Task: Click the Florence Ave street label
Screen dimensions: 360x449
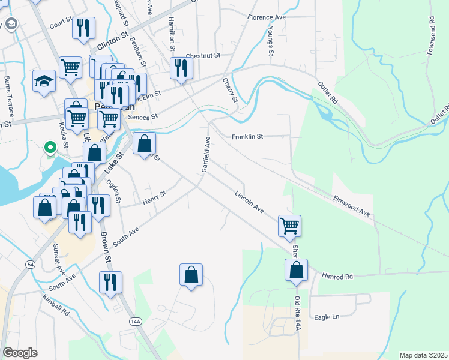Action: coord(267,17)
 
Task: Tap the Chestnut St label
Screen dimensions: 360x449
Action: coord(203,55)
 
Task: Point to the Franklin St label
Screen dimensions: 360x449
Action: coord(247,137)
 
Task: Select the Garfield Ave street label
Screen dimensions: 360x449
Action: coord(206,155)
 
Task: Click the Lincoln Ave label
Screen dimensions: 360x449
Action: coord(250,202)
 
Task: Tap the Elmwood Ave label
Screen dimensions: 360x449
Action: coord(352,205)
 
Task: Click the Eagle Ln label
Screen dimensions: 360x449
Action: coord(327,316)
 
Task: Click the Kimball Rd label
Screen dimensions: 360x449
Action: coord(56,305)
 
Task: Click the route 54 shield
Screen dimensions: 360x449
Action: coord(30,265)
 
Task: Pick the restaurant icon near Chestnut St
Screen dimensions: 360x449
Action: coord(180,67)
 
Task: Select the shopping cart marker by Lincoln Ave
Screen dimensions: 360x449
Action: coord(289,225)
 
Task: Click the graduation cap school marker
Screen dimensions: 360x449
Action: coord(44,82)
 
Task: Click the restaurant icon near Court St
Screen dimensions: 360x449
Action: coord(83,28)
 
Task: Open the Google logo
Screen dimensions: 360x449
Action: coord(20,352)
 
